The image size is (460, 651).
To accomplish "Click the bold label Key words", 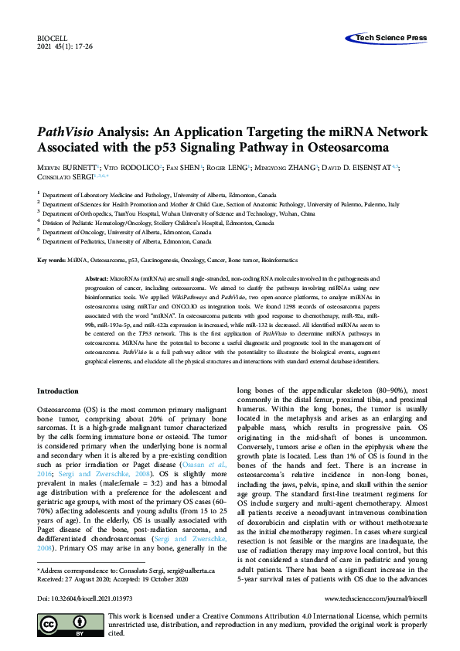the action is click(51, 261).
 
